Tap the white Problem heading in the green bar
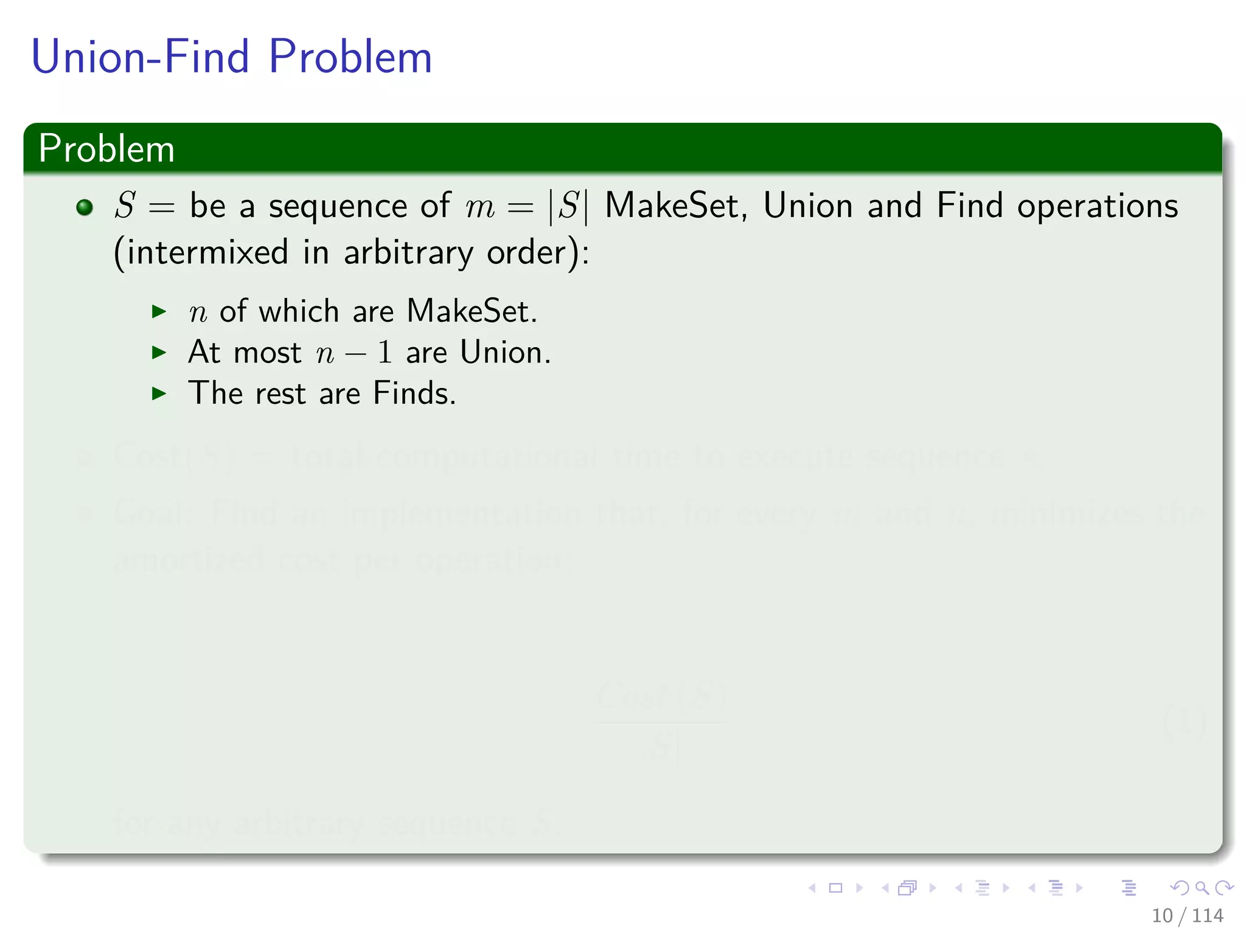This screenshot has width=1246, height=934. (106, 148)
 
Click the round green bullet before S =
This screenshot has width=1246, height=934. (85, 207)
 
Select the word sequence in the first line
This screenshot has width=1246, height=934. (338, 207)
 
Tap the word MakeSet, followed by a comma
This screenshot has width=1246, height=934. (675, 207)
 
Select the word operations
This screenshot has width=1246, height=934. (1098, 207)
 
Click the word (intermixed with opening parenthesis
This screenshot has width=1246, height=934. (201, 253)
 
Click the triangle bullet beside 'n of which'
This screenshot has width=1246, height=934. (159, 312)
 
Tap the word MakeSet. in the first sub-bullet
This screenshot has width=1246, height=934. (472, 311)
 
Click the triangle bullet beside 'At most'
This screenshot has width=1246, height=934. (159, 353)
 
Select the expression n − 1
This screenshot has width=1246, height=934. (354, 353)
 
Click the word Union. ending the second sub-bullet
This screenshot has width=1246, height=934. (505, 353)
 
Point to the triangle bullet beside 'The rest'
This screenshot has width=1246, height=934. (159, 393)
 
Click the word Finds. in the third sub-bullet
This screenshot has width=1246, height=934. (414, 393)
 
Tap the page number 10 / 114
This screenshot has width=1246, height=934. (1187, 915)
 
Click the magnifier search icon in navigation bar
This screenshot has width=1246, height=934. (1201, 888)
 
